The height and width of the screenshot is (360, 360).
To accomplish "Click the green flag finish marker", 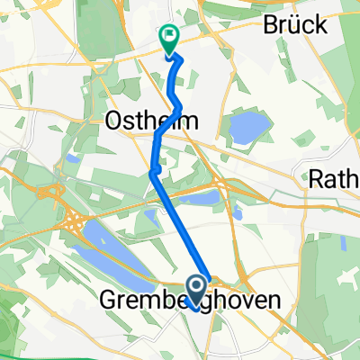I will (x=168, y=38).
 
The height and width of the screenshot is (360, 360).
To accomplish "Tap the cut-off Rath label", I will (x=335, y=179).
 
